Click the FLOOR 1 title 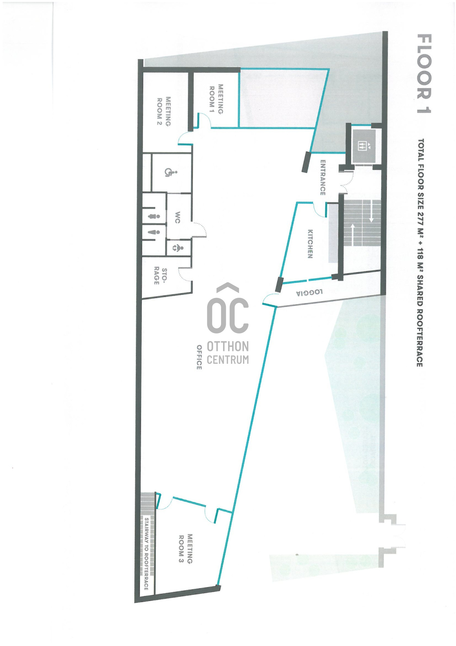[424, 73]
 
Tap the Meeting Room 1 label [216, 99]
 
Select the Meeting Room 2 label [164, 111]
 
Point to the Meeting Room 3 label [185, 548]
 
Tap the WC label [177, 217]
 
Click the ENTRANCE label [323, 177]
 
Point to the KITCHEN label [310, 244]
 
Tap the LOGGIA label [309, 292]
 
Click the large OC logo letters [228, 315]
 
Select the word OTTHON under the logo [228, 346]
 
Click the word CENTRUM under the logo [228, 360]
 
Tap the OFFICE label [199, 357]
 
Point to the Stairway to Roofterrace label [147, 554]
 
